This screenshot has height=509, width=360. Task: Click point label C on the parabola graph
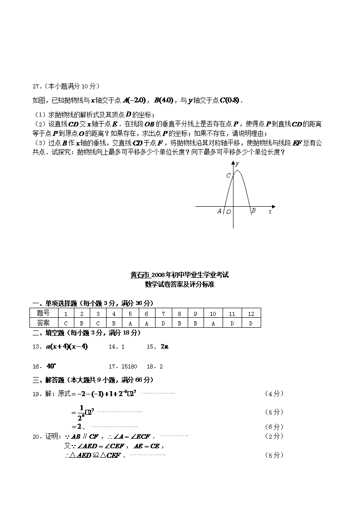[x=229, y=175]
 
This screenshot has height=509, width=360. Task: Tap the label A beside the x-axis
[x=219, y=211]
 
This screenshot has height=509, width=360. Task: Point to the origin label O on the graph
[x=229, y=211]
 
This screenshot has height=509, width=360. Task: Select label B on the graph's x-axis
[x=253, y=210]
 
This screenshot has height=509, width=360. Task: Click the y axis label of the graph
[x=238, y=163]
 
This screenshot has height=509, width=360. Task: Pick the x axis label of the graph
[x=270, y=211]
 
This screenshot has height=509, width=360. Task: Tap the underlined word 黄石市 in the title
[x=140, y=275]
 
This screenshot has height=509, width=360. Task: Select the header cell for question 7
[x=163, y=313]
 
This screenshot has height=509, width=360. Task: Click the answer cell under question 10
[x=213, y=323]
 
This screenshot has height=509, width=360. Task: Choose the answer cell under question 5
[x=130, y=323]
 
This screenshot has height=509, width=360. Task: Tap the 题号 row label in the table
[x=44, y=313]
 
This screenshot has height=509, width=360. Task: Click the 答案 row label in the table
[x=44, y=323]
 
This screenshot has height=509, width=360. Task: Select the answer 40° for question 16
[x=50, y=366]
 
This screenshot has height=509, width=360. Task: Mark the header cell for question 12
[x=251, y=313]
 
